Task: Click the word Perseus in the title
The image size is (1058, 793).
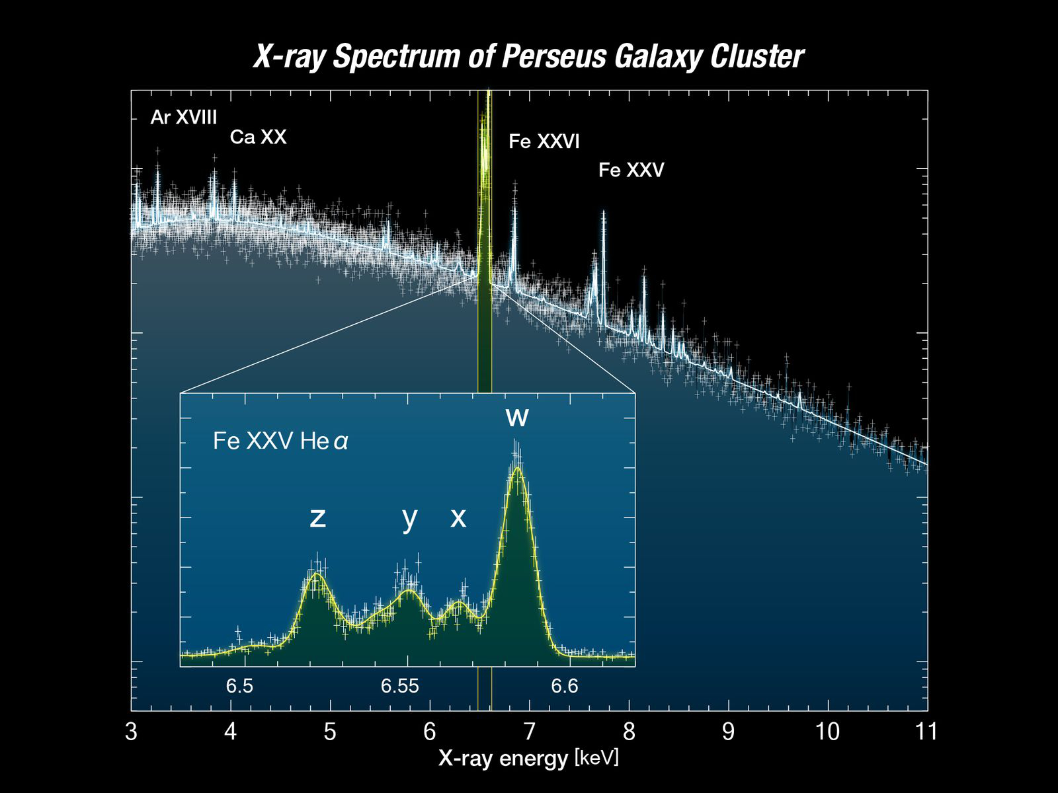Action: pos(553,57)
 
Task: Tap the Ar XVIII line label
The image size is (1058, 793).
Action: pos(184,118)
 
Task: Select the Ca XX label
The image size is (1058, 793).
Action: pos(258,137)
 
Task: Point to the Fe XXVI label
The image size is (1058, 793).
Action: pos(544,141)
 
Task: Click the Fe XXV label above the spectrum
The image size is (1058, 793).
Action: pos(631,170)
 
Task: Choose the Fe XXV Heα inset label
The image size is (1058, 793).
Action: pos(280,441)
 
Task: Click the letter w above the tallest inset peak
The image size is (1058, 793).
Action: pos(517,417)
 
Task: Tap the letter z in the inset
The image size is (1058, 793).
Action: pos(318,517)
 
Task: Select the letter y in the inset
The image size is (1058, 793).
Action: pos(410,517)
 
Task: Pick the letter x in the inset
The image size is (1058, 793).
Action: pos(458,517)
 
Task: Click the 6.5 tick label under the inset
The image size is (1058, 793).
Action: pos(239,687)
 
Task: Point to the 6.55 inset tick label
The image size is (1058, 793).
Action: pos(399,687)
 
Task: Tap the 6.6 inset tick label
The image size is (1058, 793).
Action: pos(564,687)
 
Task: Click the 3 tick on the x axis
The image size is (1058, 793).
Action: pos(131,732)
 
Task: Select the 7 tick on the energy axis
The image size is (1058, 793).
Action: pos(529,732)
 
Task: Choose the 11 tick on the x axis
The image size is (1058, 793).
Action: pos(927,732)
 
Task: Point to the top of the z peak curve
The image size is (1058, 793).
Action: pos(317,574)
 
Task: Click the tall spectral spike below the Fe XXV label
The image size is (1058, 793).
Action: pos(603,215)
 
